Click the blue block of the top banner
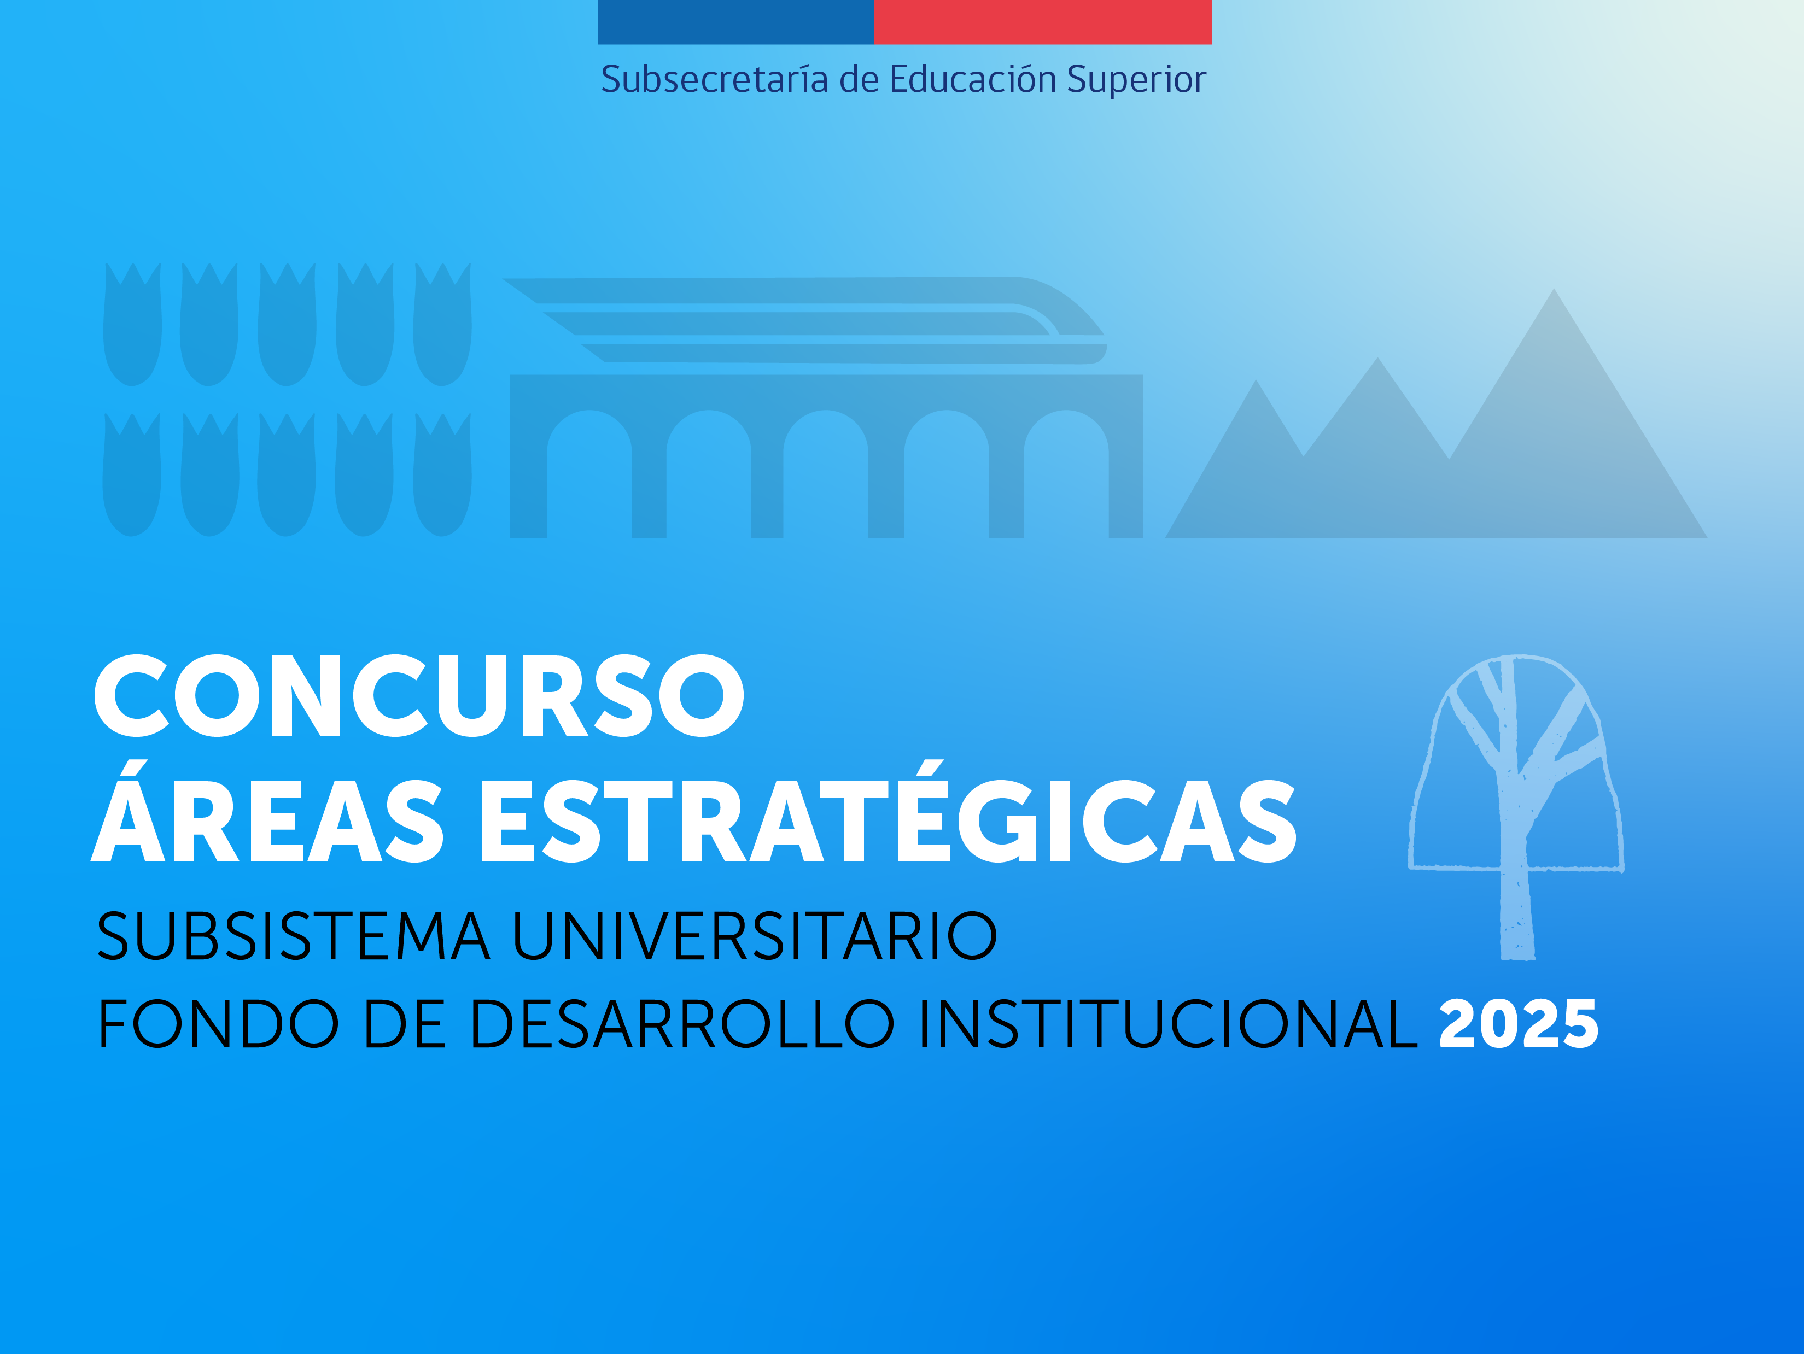[x=735, y=22]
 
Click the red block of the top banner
[x=1043, y=22]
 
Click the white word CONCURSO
[x=419, y=695]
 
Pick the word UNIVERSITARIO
[x=755, y=936]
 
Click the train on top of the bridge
[x=803, y=320]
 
